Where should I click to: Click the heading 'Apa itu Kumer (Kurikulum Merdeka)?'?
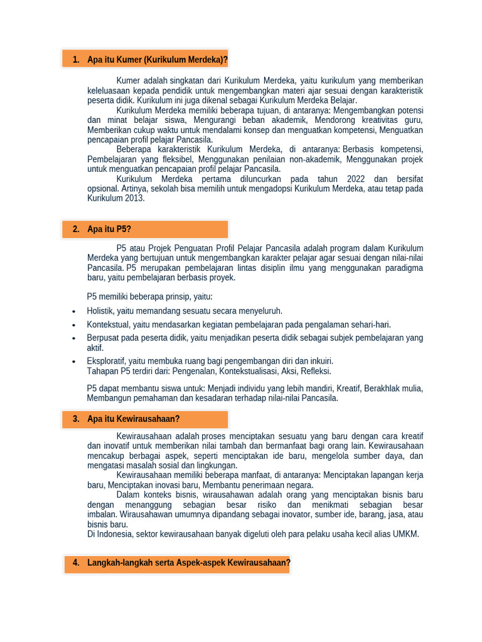[x=158, y=60]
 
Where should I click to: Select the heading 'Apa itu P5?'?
[x=109, y=229]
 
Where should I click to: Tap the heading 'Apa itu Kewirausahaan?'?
[x=134, y=419]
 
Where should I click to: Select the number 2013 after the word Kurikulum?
[x=134, y=198]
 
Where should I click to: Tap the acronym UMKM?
[x=406, y=534]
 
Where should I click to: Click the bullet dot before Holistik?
[x=74, y=312]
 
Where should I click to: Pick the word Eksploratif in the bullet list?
[x=106, y=361]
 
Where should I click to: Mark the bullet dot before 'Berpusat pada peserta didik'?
[x=74, y=339]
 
